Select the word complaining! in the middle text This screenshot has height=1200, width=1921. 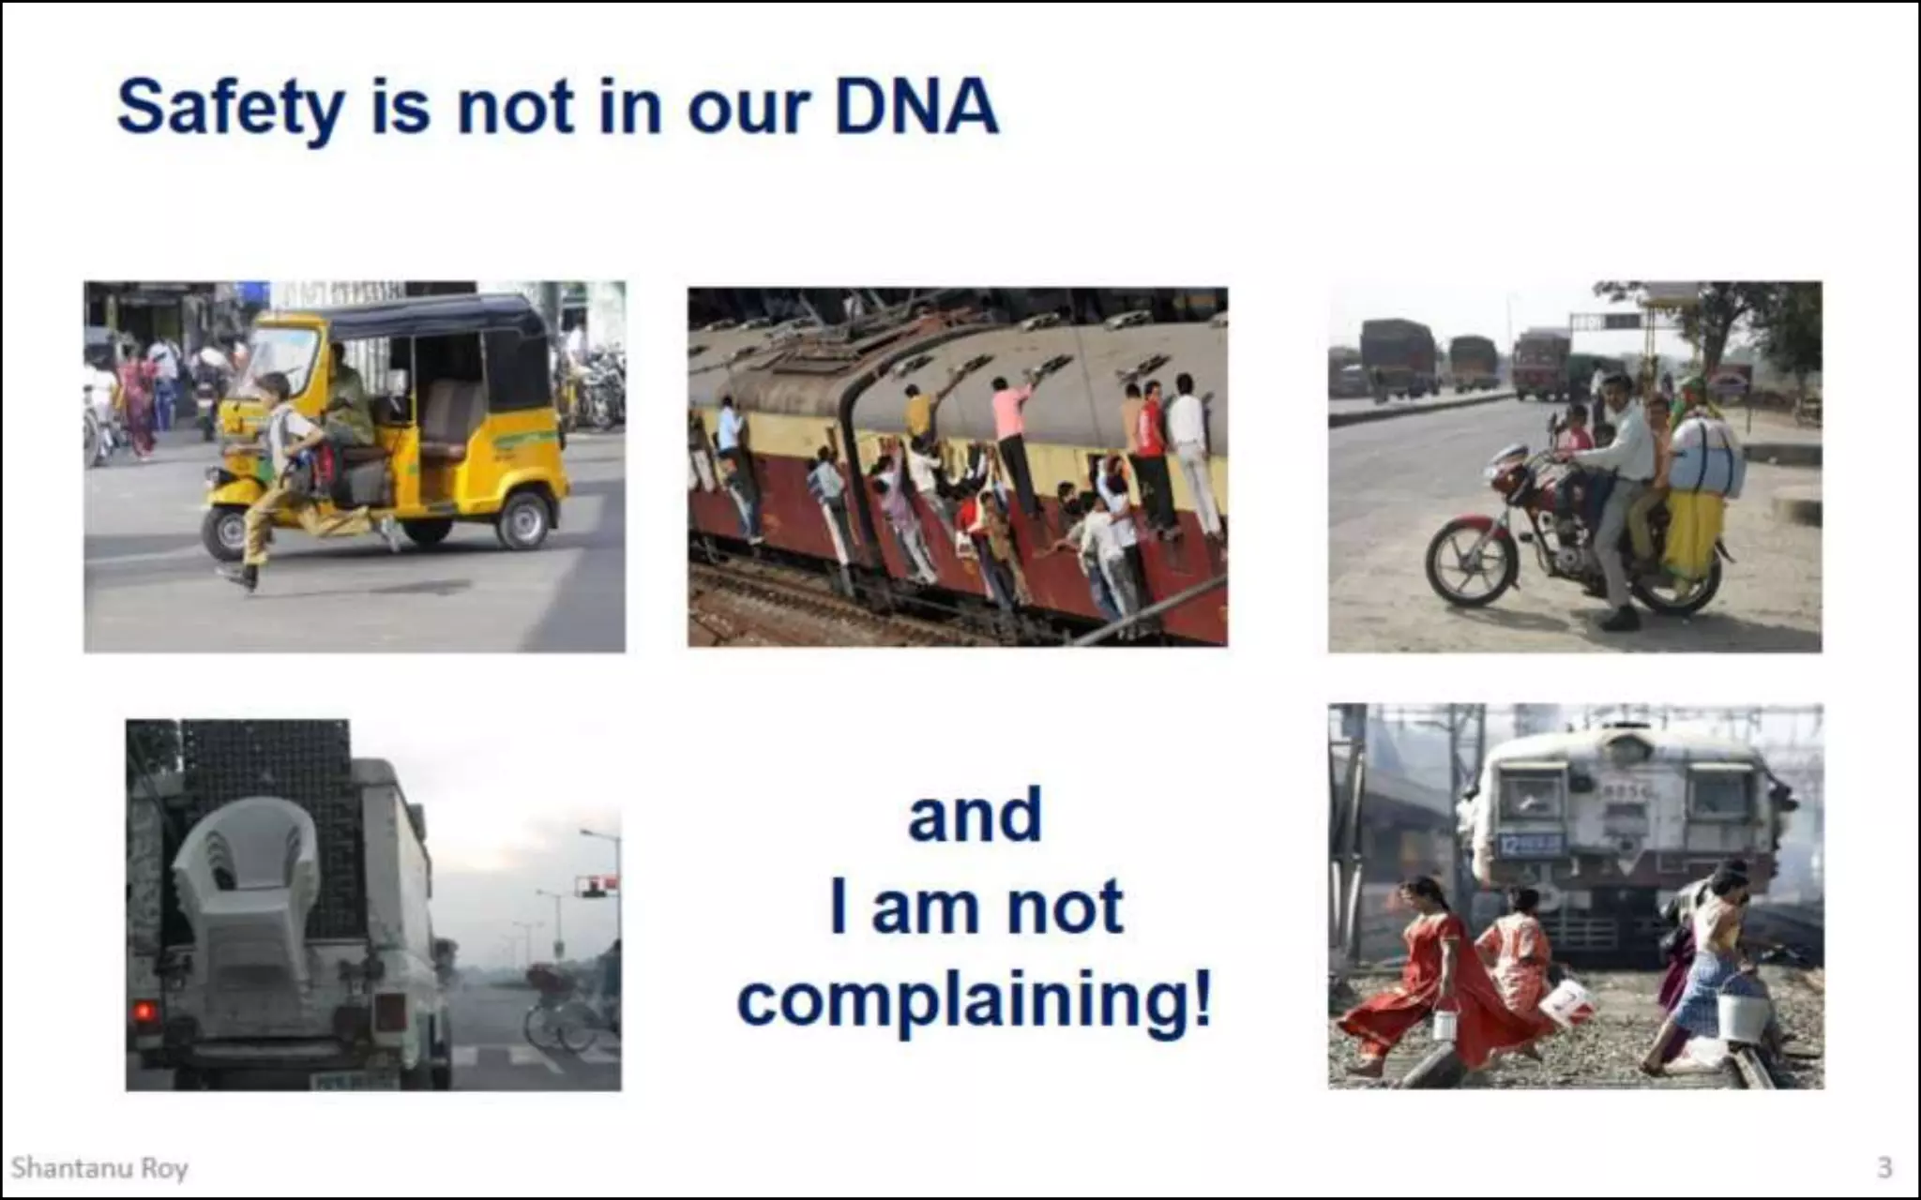pyautogui.click(x=975, y=1001)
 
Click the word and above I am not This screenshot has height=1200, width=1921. pyautogui.click(x=975, y=817)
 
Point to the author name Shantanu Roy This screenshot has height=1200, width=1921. pyautogui.click(x=99, y=1168)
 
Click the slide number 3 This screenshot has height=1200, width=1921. pyautogui.click(x=1884, y=1167)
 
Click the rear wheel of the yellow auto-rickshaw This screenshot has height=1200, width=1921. pyautogui.click(x=523, y=521)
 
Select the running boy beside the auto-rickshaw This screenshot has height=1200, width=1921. pyautogui.click(x=281, y=469)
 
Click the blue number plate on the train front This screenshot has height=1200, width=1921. pyautogui.click(x=1530, y=844)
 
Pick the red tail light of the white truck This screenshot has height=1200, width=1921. pyautogui.click(x=144, y=1012)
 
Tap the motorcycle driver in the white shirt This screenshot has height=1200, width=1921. pyautogui.click(x=1618, y=469)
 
